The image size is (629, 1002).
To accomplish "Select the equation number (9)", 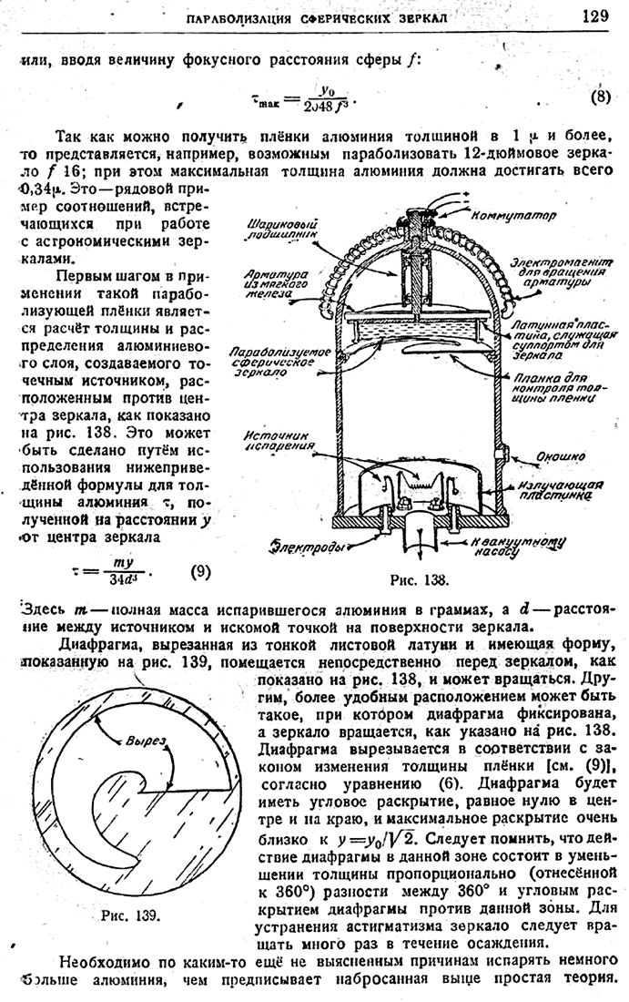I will point(201,571).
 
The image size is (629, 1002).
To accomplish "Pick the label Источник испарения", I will point(278,442).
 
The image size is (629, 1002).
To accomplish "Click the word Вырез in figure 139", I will point(145,741).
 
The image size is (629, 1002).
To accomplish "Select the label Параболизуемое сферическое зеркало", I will point(274,361).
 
